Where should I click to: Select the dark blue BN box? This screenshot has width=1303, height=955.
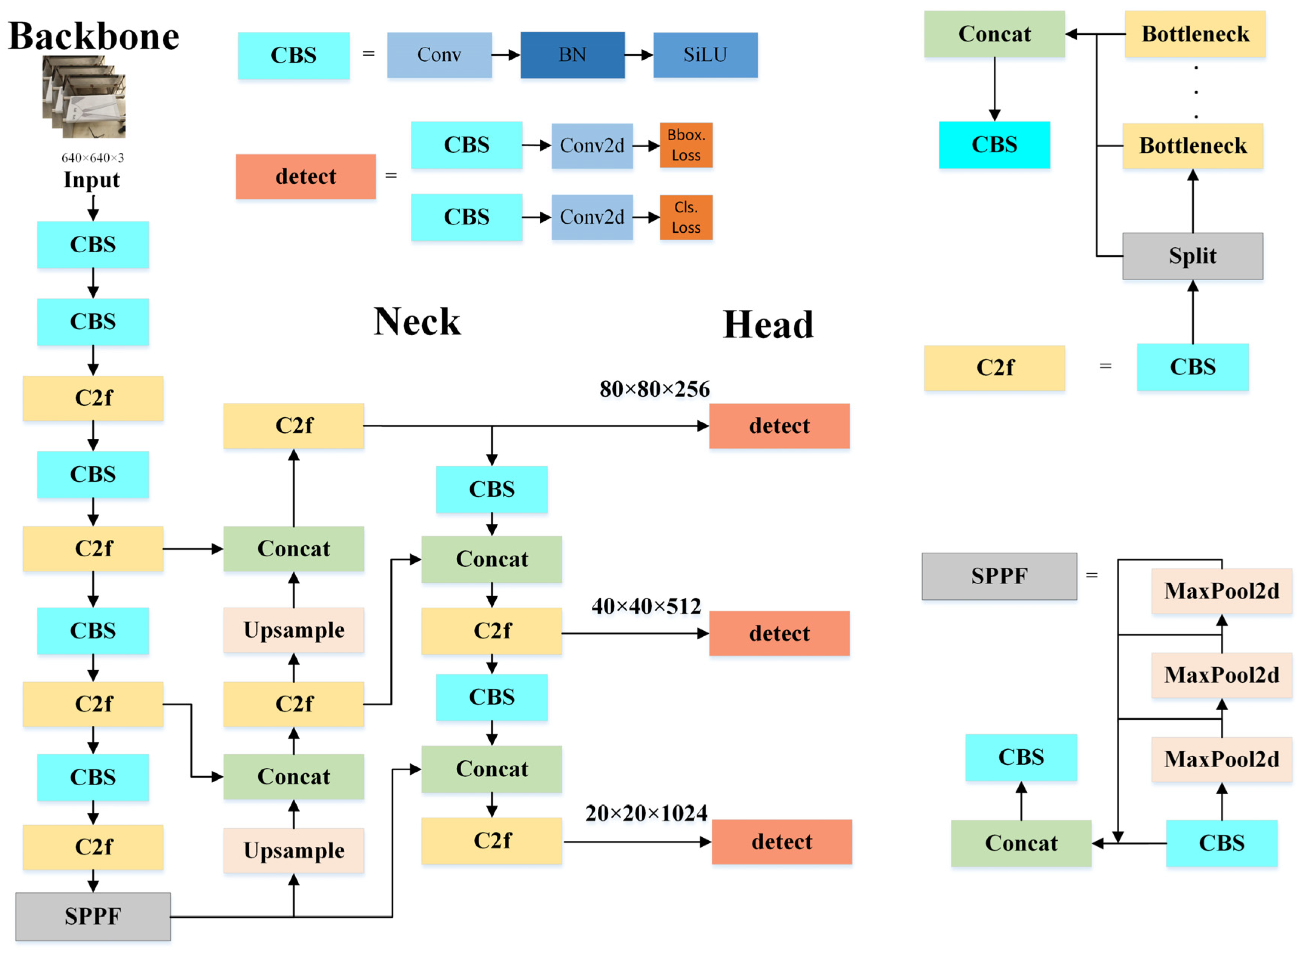click(x=572, y=55)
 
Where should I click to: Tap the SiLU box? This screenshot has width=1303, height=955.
click(x=705, y=55)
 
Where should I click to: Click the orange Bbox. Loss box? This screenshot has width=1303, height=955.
click(x=686, y=145)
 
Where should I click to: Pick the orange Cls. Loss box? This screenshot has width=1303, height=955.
click(x=686, y=217)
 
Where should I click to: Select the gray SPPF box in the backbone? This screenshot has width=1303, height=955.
click(x=92, y=916)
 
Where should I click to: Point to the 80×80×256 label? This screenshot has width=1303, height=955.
click(x=654, y=389)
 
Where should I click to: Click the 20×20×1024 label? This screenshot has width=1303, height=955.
click(x=646, y=813)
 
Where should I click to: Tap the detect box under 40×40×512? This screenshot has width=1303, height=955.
click(x=779, y=634)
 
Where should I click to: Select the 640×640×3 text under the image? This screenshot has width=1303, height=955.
click(x=92, y=158)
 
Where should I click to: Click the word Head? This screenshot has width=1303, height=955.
click(x=768, y=325)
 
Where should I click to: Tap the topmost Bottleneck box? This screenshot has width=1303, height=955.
click(x=1194, y=34)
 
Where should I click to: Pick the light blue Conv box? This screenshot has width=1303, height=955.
click(x=439, y=55)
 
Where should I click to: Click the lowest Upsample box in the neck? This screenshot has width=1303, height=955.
click(x=294, y=851)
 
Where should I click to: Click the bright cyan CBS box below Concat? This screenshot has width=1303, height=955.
click(x=994, y=144)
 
